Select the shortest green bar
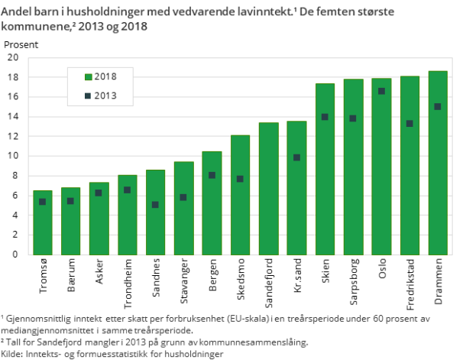pos(43,222)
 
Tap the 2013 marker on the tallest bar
pos(438,106)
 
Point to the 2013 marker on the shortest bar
pos(43,202)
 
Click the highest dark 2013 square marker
pos(381,91)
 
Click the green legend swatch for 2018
pos(88,77)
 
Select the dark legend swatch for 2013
pos(88,96)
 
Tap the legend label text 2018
pos(105,77)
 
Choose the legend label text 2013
pos(105,96)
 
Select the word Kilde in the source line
pos(12,354)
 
